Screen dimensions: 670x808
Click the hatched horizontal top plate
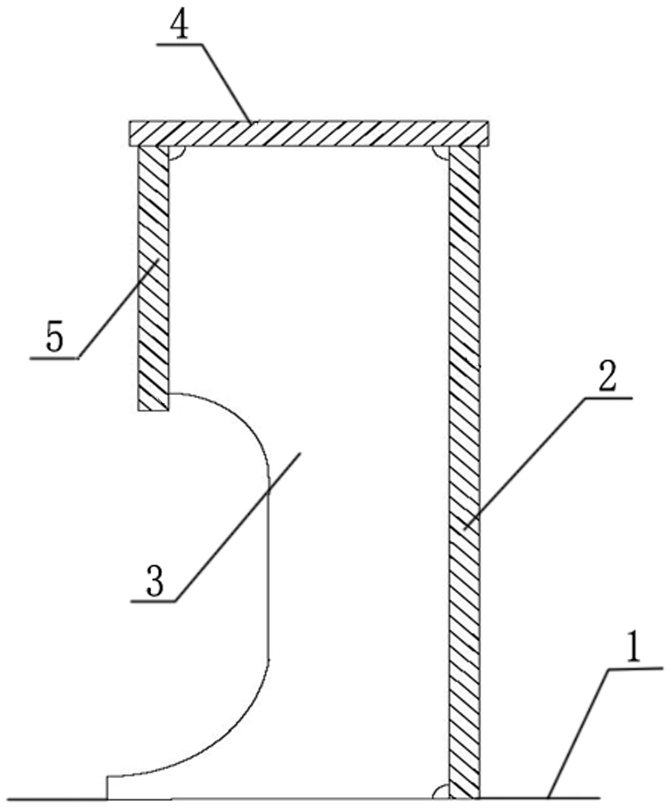point(308,134)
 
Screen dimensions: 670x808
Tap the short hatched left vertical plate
point(153,278)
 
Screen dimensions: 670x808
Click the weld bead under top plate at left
point(176,152)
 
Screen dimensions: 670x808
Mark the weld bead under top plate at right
point(441,152)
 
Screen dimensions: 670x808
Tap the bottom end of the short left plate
point(153,410)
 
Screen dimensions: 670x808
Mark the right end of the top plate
point(488,134)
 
